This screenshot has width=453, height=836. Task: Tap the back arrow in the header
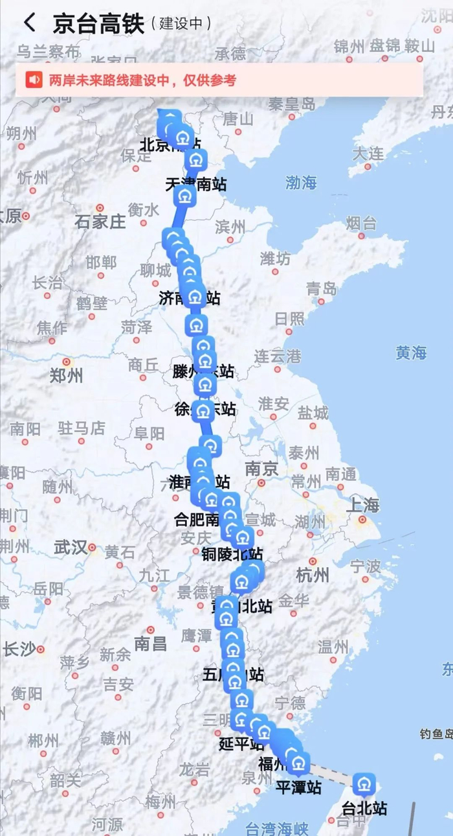30,23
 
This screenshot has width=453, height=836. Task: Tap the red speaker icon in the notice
34,80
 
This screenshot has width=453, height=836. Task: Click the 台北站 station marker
364,785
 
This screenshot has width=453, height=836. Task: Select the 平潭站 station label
298,787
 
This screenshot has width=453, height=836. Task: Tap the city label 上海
362,505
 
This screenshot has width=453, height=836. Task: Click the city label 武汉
71,548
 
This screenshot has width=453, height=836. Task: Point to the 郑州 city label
67,375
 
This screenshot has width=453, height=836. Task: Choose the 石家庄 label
100,222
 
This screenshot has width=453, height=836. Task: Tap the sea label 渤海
302,183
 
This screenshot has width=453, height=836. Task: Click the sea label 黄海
412,353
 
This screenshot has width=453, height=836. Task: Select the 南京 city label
261,469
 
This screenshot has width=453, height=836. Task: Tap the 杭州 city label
313,575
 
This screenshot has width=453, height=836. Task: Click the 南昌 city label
150,643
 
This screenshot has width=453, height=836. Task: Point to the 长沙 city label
19,649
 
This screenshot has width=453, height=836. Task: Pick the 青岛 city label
322,288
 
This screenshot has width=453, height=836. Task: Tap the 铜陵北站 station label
232,554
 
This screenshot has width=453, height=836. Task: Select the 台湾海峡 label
271,828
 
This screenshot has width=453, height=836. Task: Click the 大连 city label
368,154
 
